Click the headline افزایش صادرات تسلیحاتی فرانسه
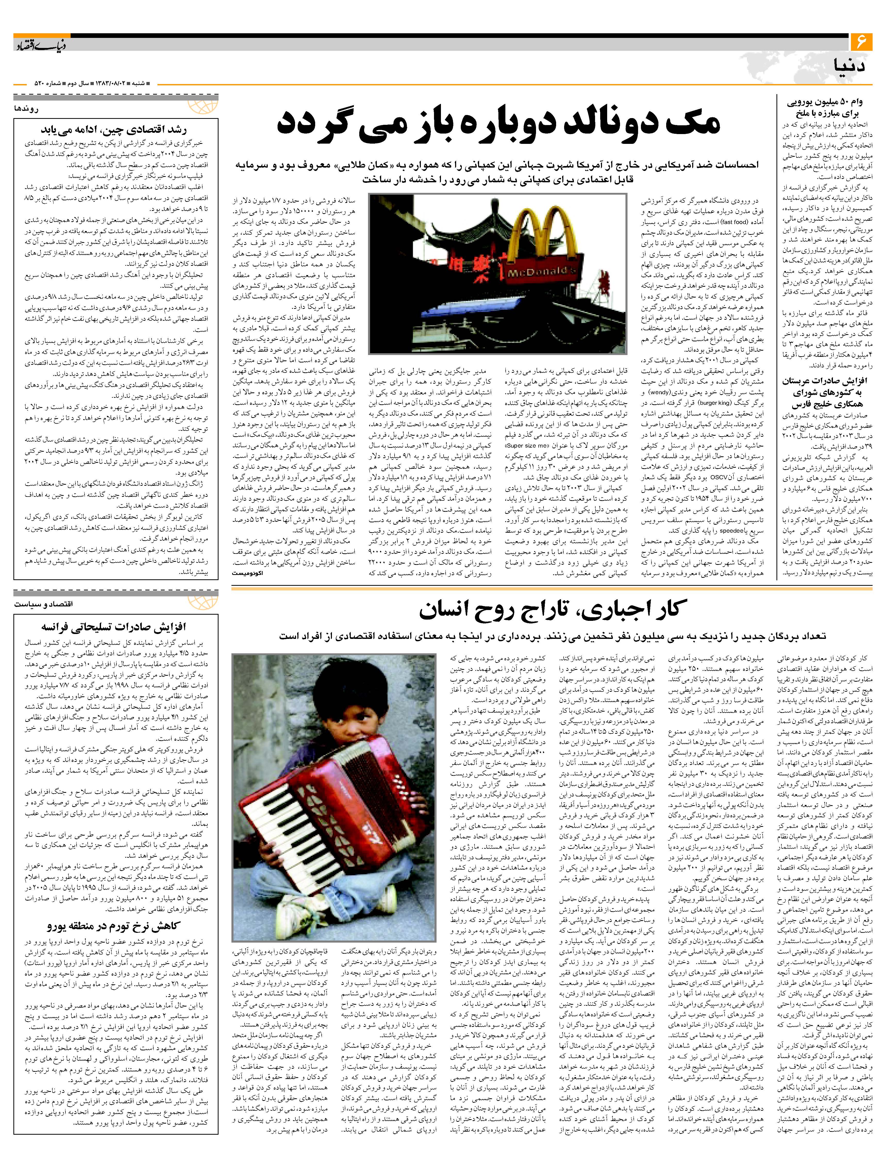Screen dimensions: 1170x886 coord(114,627)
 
